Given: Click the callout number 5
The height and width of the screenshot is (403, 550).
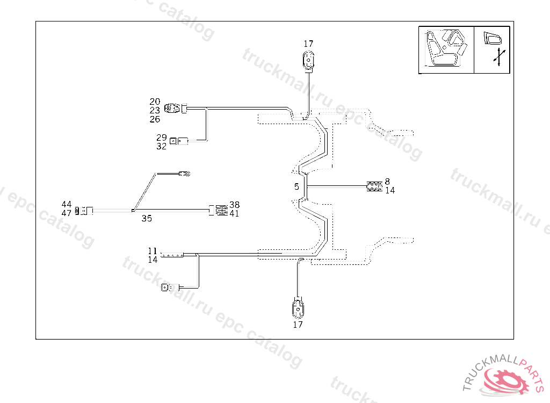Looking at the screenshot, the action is (x=296, y=187).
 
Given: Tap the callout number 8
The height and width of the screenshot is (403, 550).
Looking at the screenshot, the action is (x=387, y=182).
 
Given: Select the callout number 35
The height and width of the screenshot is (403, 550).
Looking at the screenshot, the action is (x=147, y=218).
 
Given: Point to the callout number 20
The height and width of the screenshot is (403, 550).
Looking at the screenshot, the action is (x=155, y=102).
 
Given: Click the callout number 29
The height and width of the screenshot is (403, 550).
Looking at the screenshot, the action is (x=161, y=138).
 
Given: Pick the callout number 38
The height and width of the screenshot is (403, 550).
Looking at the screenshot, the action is (x=234, y=205).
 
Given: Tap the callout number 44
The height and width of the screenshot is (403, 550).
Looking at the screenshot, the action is (x=67, y=205).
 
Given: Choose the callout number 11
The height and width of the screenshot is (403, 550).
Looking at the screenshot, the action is (x=153, y=251).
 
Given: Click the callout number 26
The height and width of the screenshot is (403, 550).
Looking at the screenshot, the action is (x=155, y=119).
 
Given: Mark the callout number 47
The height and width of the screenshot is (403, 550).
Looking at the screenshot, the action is (x=67, y=213).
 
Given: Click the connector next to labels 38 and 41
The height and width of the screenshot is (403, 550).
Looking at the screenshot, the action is (x=220, y=210).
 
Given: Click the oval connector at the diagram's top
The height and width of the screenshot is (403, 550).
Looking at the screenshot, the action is (x=308, y=60).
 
